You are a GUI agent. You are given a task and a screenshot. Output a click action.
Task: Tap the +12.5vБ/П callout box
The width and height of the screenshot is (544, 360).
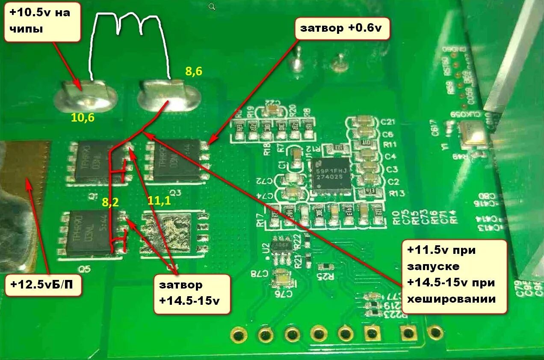[x=43, y=284]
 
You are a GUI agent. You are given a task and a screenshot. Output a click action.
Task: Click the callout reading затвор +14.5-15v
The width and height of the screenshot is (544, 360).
[x=192, y=294]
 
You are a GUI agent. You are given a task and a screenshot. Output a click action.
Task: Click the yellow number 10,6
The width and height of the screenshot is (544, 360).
[x=83, y=117]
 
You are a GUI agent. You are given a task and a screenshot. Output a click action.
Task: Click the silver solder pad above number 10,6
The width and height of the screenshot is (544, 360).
[x=86, y=95]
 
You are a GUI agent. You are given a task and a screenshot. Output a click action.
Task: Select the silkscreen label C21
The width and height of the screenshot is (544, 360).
[x=387, y=122]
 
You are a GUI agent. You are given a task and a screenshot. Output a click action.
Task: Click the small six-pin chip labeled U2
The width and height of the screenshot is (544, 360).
[x=283, y=250]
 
